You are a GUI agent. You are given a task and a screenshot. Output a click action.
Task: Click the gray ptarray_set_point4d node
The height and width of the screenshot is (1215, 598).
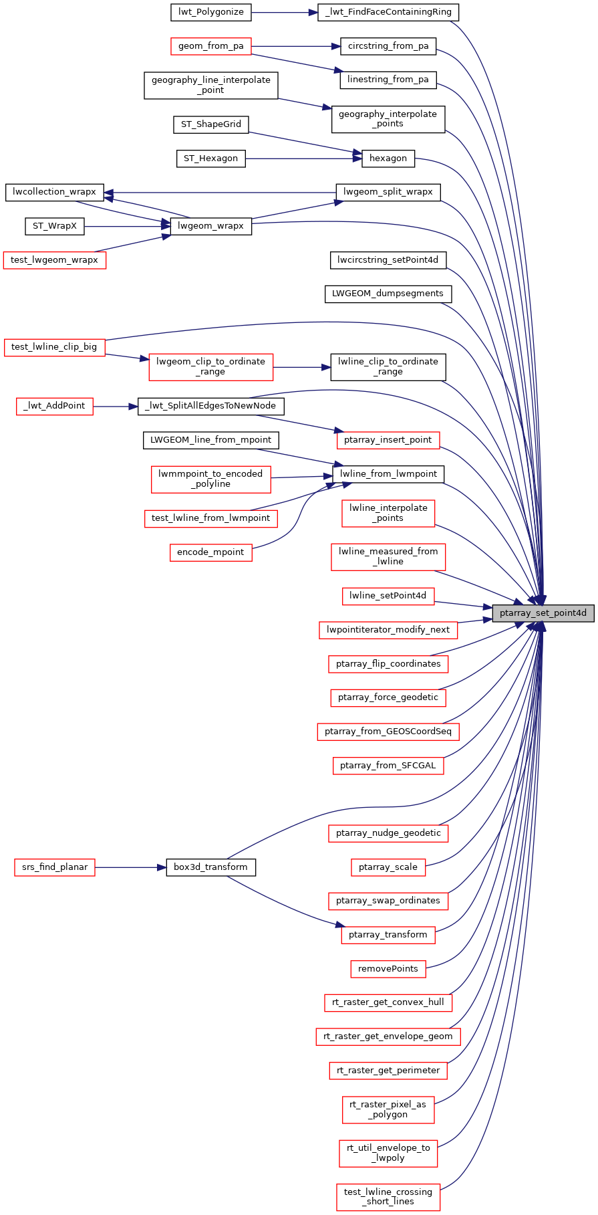pyautogui.click(x=543, y=613)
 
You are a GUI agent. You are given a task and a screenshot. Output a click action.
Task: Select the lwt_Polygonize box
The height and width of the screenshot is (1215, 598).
pyautogui.click(x=211, y=11)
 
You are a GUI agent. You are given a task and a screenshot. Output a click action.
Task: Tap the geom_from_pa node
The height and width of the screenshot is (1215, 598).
pyautogui.click(x=210, y=46)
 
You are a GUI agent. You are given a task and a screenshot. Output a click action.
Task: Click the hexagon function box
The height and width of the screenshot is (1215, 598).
pyautogui.click(x=388, y=158)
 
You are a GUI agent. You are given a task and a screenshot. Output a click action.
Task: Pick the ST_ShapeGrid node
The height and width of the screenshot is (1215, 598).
pyautogui.click(x=211, y=124)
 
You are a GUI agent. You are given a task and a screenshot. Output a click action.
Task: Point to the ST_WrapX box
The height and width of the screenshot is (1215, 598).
pyautogui.click(x=55, y=226)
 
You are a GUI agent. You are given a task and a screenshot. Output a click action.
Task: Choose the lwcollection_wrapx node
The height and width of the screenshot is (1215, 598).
pyautogui.click(x=55, y=192)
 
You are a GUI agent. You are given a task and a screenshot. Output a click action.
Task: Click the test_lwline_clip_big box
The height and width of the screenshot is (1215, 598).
pyautogui.click(x=54, y=346)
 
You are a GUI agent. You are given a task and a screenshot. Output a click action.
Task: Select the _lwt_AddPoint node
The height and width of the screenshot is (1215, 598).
pyautogui.click(x=55, y=406)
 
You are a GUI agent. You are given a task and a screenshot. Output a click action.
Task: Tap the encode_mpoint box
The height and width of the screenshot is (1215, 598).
pyautogui.click(x=211, y=552)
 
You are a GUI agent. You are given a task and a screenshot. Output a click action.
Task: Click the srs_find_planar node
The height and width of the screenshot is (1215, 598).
pyautogui.click(x=55, y=867)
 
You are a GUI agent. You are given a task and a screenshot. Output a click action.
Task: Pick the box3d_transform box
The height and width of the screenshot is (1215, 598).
pyautogui.click(x=210, y=867)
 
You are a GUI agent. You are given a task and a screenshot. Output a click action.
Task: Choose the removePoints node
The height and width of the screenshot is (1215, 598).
pyautogui.click(x=388, y=969)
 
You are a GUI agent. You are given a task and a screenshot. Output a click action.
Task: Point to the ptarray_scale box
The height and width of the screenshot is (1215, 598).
pyautogui.click(x=388, y=867)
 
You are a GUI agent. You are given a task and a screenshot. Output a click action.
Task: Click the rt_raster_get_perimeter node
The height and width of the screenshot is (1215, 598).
pyautogui.click(x=388, y=1071)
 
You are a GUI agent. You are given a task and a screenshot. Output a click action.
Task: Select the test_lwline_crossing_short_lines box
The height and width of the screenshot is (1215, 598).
pyautogui.click(x=388, y=1196)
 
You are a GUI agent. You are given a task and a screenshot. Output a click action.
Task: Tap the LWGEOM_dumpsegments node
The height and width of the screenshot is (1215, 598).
pyautogui.click(x=388, y=294)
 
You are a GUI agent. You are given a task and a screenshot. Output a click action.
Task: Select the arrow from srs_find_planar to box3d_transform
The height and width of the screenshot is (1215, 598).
pyautogui.click(x=130, y=867)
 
